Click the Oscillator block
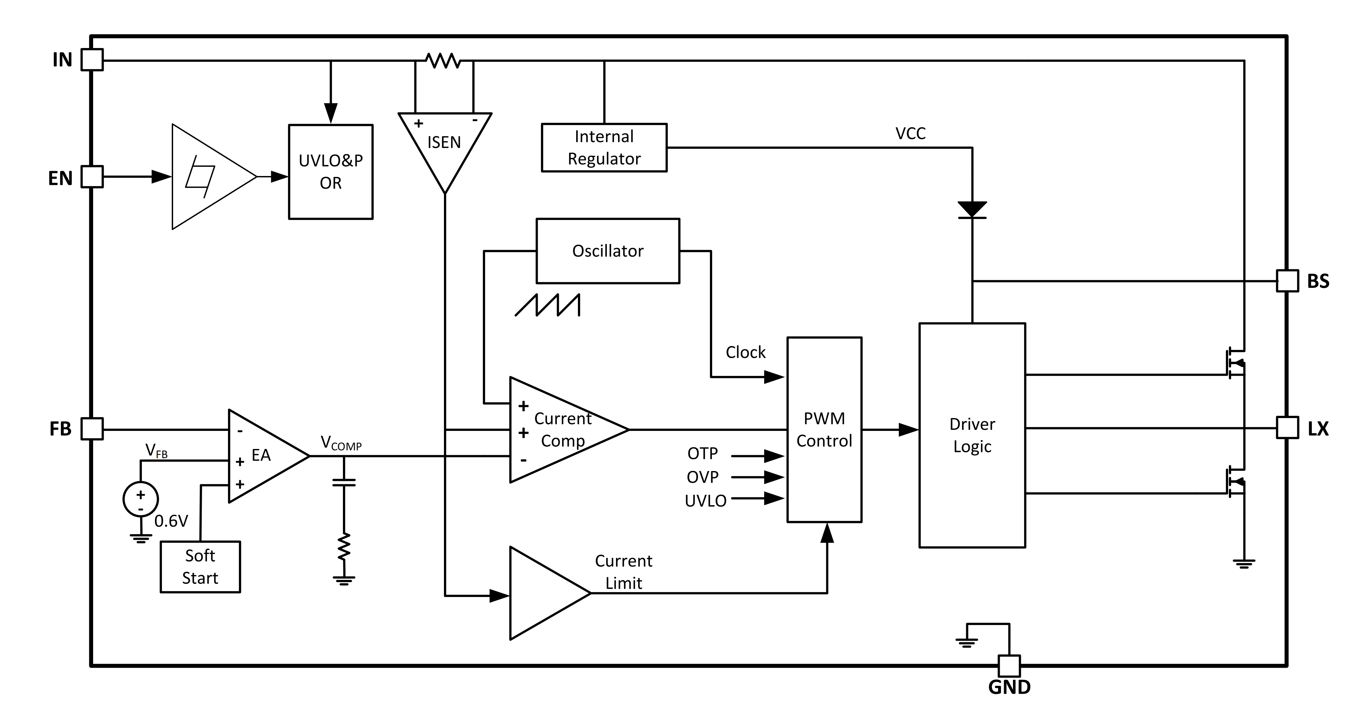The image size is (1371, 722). click(608, 251)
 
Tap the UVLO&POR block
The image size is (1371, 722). click(330, 172)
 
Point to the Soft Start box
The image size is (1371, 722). click(200, 567)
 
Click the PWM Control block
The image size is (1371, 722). click(824, 429)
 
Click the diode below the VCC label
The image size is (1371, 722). click(972, 210)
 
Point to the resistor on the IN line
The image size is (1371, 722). click(443, 60)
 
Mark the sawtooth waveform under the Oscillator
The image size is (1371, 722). click(548, 305)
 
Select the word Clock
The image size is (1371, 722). click(746, 352)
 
